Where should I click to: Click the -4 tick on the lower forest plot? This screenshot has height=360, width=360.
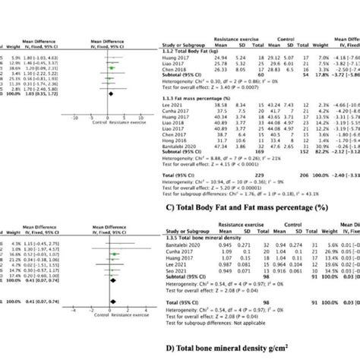click(73, 308)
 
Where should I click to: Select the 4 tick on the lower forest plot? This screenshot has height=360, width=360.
click(149, 308)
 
